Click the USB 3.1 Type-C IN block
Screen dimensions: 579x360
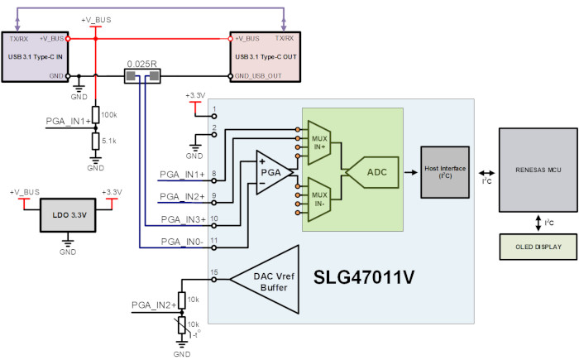point(35,57)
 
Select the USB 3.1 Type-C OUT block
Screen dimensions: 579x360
point(266,57)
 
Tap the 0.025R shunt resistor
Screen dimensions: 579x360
point(142,76)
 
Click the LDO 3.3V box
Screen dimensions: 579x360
point(68,215)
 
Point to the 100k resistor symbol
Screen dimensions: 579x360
point(96,114)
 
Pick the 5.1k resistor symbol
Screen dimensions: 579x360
point(96,142)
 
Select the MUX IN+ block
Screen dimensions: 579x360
point(319,142)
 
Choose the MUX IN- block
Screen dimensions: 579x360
point(319,199)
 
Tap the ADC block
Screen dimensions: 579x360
point(373,172)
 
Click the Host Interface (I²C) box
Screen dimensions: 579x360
point(445,172)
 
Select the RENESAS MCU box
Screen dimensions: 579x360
point(538,170)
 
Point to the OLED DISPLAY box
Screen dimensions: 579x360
point(538,247)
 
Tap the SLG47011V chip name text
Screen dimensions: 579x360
point(364,277)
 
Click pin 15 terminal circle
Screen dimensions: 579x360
point(213,280)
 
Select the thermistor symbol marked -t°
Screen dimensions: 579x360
point(182,325)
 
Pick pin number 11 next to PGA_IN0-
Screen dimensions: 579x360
point(213,241)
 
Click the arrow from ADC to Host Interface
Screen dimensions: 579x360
point(410,172)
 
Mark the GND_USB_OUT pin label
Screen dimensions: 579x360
point(258,76)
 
